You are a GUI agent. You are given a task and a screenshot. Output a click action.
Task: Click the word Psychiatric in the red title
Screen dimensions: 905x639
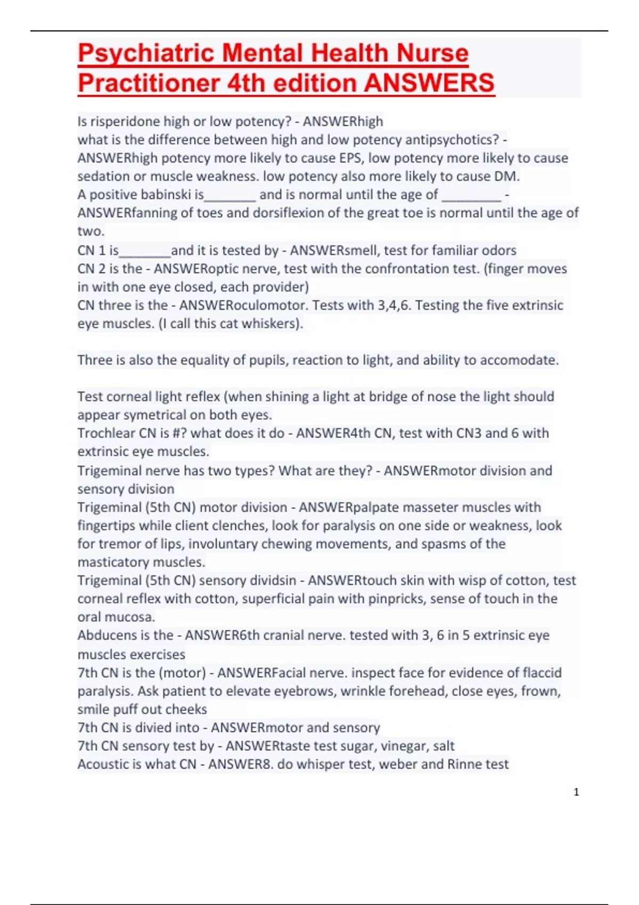[146, 54]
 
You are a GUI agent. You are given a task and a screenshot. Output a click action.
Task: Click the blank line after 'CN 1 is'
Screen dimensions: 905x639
[145, 251]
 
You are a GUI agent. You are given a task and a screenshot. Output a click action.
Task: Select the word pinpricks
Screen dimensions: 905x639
[394, 599]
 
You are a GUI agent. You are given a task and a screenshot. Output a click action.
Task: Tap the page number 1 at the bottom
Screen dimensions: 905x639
[576, 792]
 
